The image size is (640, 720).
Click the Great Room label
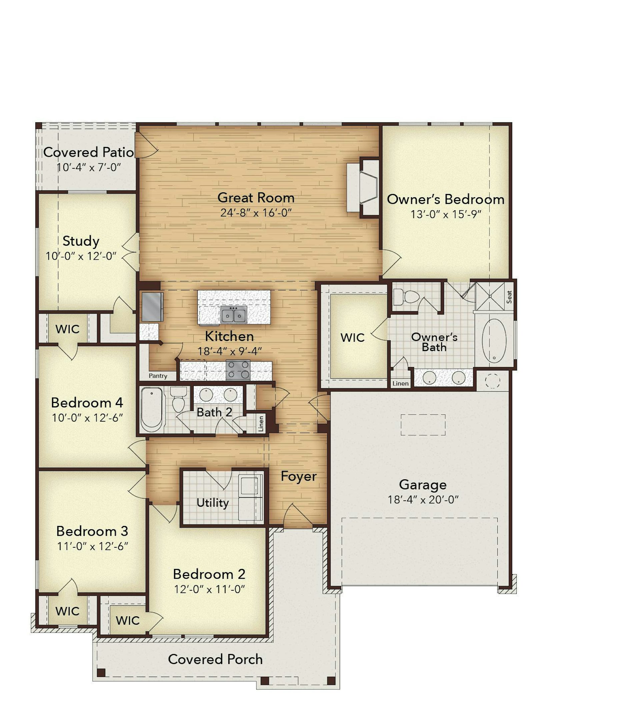pos(256,198)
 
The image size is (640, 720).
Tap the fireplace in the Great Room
pos(363,188)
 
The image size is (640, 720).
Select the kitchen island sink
pos(234,315)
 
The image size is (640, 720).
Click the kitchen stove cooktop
pos(238,370)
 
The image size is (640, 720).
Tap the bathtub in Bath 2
pos(152,409)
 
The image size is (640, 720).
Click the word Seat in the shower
pos(509,297)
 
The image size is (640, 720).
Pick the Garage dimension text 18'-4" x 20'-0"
pos(423,499)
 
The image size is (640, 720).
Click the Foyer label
pos(299,476)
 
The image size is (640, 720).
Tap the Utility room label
pos(212,503)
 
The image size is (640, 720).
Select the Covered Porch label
pos(215,659)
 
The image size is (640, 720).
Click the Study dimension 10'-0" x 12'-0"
pos(81,256)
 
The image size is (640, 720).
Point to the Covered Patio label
pos(89,152)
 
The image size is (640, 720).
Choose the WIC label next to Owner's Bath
pos(352,337)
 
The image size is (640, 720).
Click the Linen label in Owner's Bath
pos(400,383)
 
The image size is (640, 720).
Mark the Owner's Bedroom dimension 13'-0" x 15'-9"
pos(446,214)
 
